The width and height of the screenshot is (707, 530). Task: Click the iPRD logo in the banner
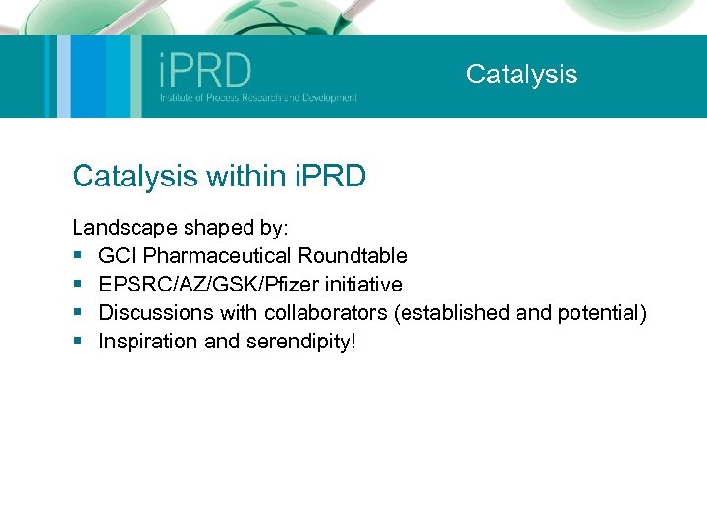pos(205,71)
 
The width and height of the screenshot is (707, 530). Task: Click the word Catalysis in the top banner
pos(521,75)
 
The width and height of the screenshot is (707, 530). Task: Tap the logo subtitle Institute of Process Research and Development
pos(258,98)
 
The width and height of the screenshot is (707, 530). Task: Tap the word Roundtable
pos(353,256)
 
